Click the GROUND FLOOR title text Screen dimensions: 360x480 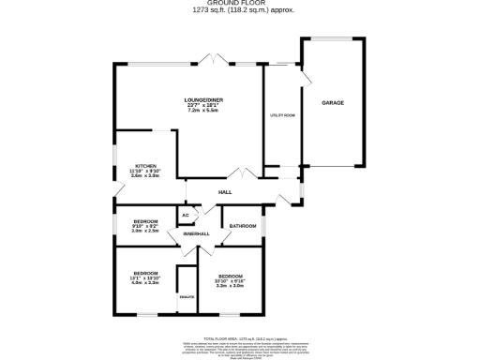click(240, 4)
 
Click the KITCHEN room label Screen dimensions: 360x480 click(145, 165)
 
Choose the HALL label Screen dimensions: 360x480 click(225, 192)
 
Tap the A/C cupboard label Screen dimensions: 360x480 click(186, 216)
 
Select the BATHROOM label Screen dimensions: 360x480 click(243, 226)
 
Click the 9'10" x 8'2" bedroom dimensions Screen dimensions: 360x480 click(145, 226)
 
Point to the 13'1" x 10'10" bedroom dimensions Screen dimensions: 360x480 click(145, 279)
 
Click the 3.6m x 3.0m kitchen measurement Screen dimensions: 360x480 click(145, 176)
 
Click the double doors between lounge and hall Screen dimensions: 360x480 click(242, 172)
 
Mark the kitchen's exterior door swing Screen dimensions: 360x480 click(113, 192)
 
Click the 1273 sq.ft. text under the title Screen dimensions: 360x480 click(240, 11)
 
